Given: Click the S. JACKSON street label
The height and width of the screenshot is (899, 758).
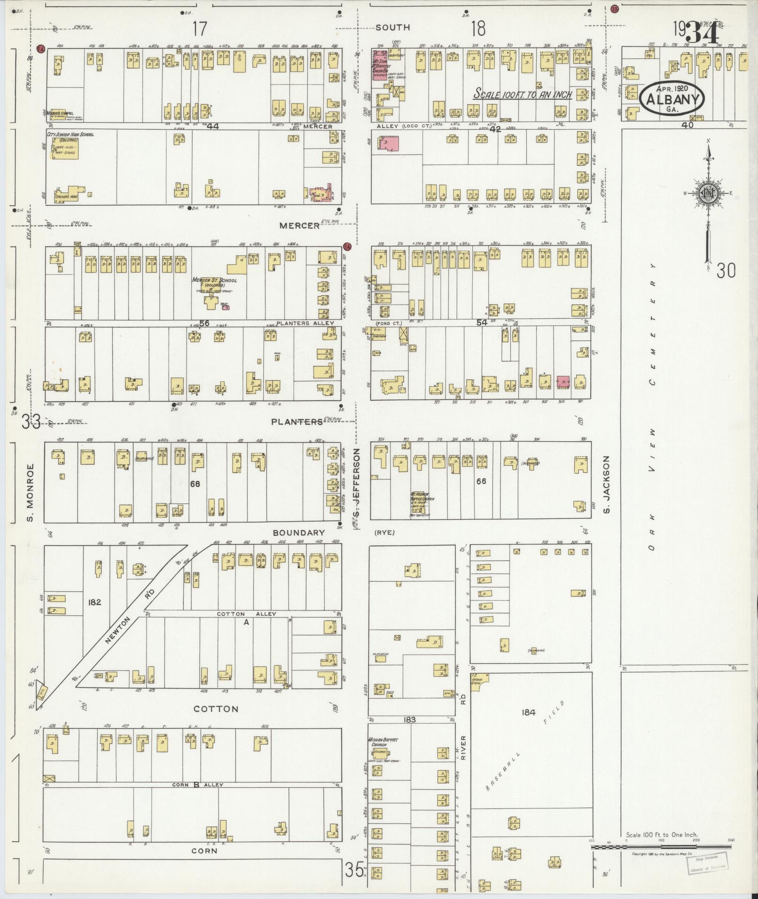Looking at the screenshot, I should pos(606,484).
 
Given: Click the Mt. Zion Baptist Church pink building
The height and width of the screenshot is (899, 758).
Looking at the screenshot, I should pos(381,66).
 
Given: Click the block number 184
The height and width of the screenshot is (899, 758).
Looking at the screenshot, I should pos(528,712).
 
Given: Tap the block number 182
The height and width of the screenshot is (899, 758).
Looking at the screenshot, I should pos(94,602).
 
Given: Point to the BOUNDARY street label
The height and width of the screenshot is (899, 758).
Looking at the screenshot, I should pos(299,532).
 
